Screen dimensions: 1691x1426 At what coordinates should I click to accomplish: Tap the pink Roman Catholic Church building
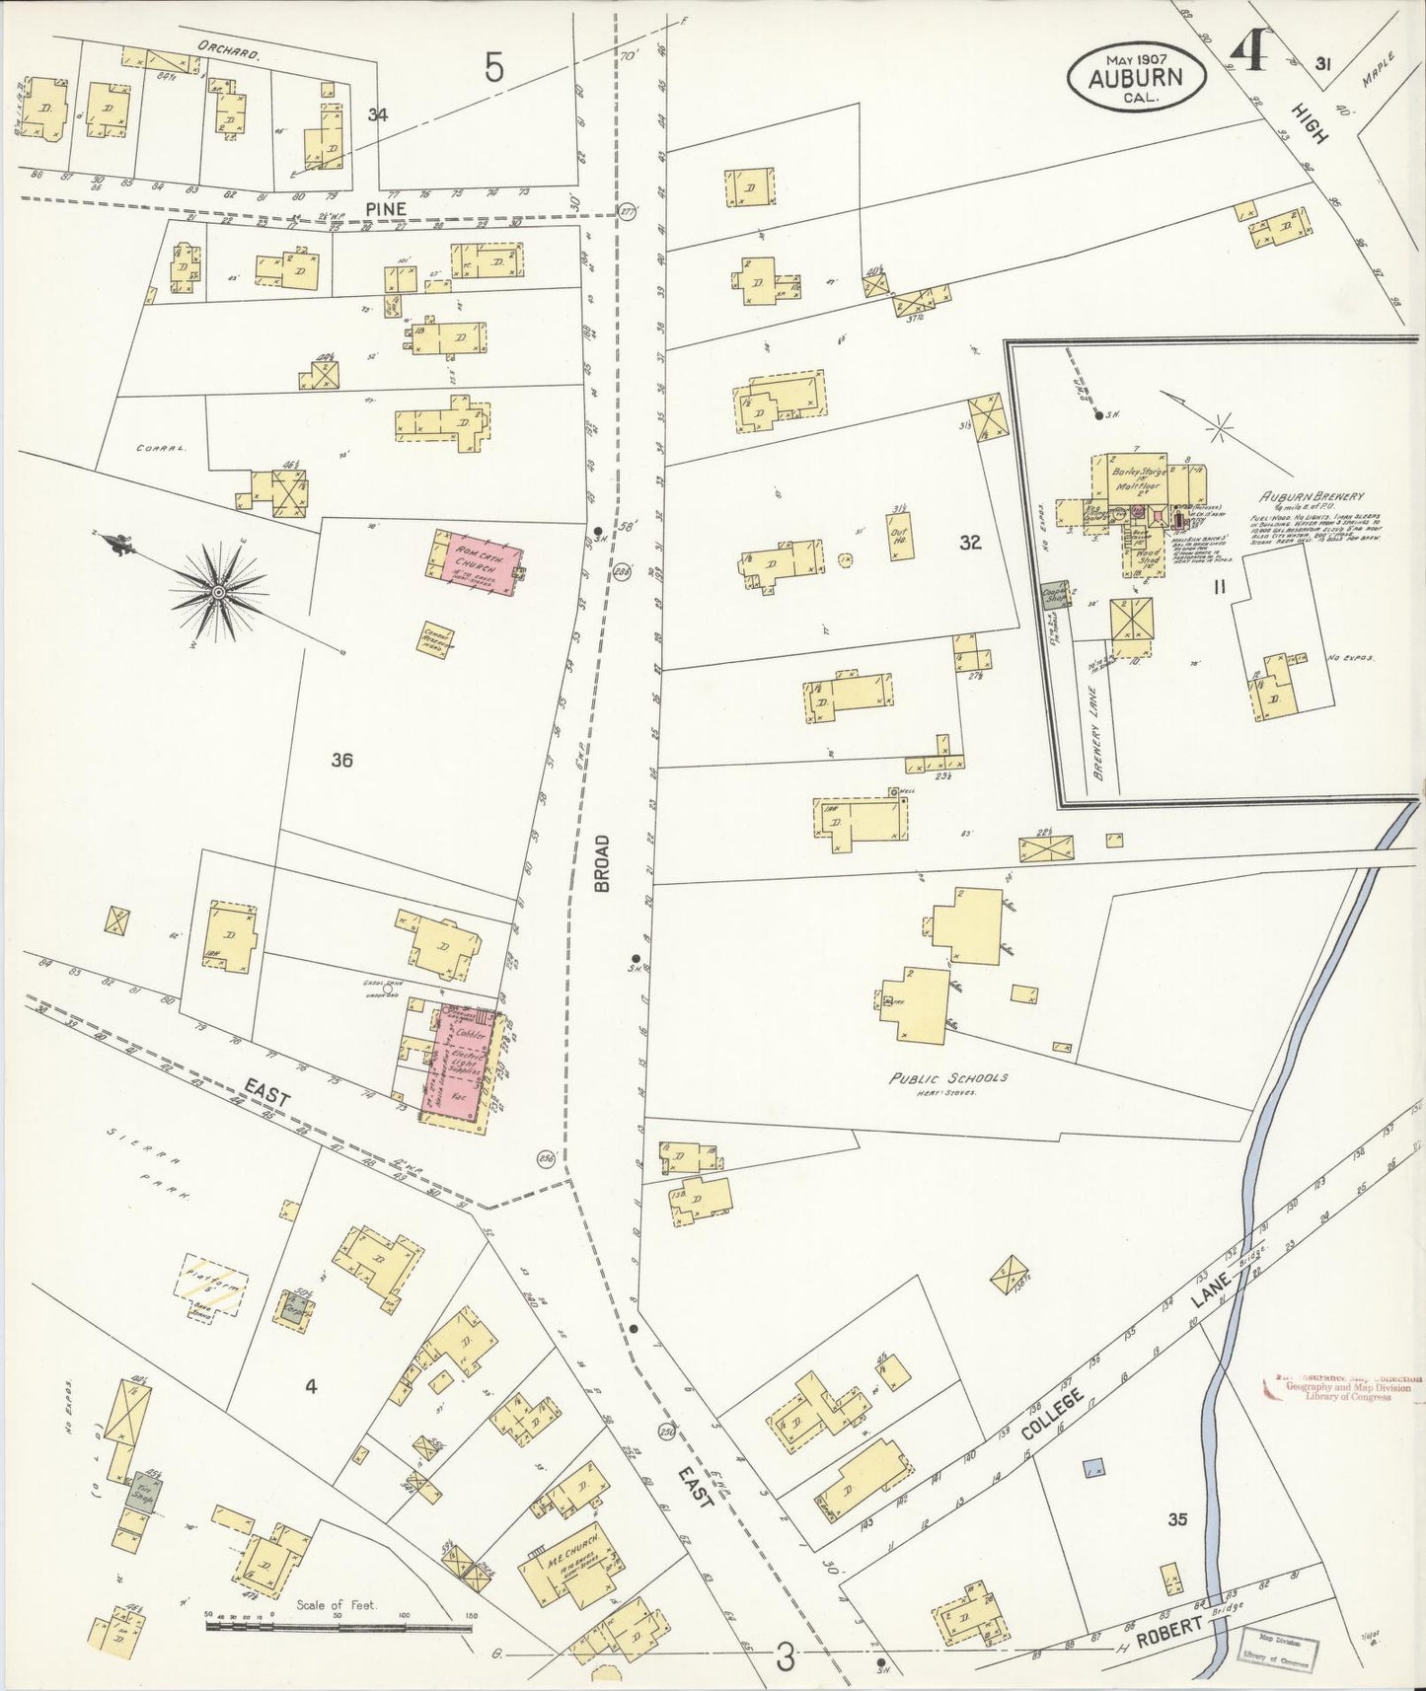tap(479, 562)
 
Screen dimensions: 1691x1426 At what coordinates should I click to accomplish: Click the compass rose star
tap(218, 591)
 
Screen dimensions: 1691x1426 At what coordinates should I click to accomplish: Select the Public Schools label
tap(948, 1077)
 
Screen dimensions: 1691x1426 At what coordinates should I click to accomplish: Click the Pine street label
tap(386, 208)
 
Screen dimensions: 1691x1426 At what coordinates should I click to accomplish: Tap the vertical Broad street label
tap(603, 863)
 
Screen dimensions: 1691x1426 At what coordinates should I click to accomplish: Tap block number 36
tap(342, 760)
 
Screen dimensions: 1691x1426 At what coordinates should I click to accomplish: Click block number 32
tap(970, 542)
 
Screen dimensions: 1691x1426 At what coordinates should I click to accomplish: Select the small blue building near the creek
tap(1092, 1468)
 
